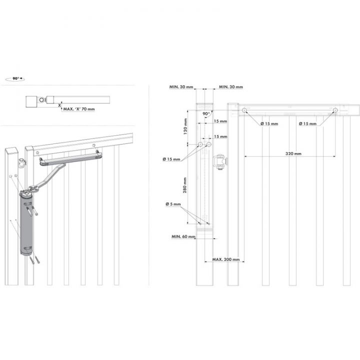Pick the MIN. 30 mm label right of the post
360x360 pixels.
pos(230,87)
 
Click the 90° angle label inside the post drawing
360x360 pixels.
pos(206,113)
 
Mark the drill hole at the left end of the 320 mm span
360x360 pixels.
pos(244,110)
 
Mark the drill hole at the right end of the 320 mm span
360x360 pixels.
pos(334,110)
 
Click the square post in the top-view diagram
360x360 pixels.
pos(33,101)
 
